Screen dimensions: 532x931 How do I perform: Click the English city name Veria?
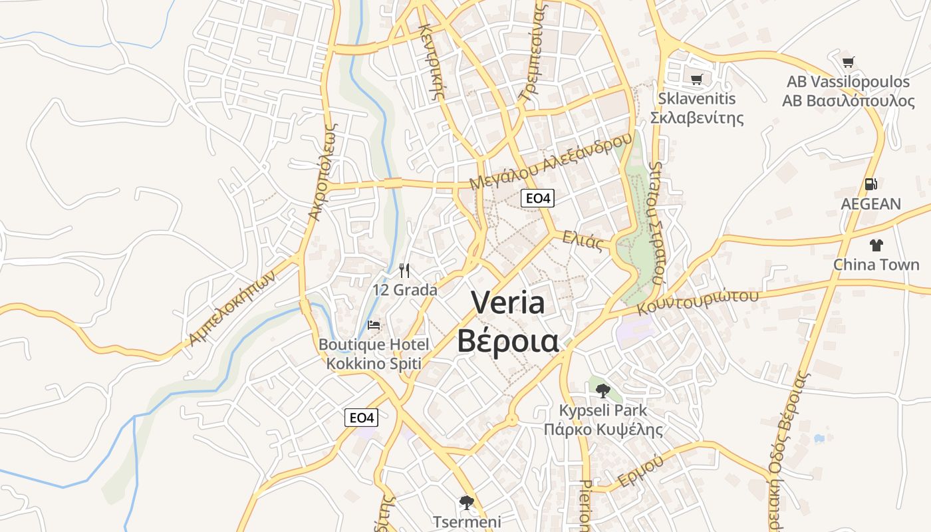(x=508, y=303)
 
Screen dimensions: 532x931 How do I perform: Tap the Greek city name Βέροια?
(x=508, y=340)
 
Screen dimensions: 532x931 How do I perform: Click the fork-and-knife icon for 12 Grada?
(x=404, y=271)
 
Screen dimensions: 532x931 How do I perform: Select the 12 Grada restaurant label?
(x=404, y=290)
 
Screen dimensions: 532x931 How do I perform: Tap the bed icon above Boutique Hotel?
(x=374, y=325)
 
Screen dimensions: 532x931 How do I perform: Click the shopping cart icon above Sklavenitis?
(x=696, y=80)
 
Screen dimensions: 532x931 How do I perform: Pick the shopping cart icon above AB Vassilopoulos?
(x=848, y=63)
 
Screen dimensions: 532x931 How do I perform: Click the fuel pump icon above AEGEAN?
(x=870, y=184)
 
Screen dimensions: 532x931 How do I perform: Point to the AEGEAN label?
(x=870, y=203)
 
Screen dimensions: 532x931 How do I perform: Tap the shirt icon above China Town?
(x=876, y=245)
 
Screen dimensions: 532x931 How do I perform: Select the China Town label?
(x=876, y=264)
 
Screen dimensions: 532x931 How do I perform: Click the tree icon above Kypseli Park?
(x=603, y=390)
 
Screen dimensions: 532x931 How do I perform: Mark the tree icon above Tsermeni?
(x=467, y=502)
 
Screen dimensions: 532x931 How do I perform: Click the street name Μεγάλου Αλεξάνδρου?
(x=550, y=162)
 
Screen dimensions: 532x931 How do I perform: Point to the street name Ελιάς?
(x=583, y=240)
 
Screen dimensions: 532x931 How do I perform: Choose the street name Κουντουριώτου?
(x=698, y=301)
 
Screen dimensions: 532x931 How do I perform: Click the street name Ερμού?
(x=640, y=471)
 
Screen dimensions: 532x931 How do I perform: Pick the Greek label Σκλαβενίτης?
(x=696, y=118)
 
